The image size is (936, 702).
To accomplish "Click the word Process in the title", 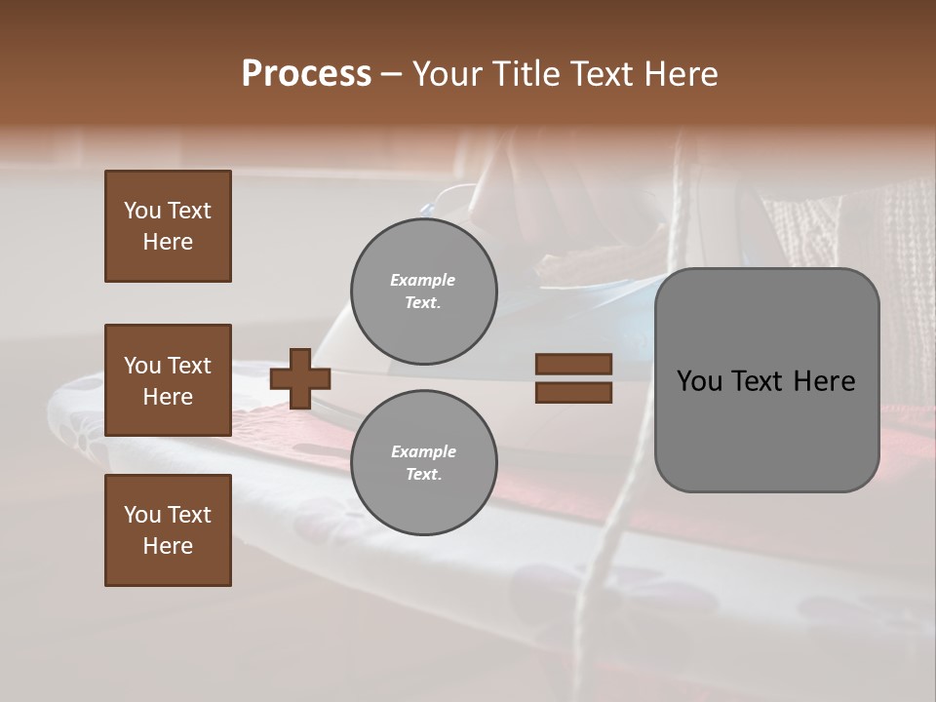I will (306, 74).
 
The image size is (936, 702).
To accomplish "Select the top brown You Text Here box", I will (168, 226).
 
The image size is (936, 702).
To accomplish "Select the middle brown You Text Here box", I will (168, 380).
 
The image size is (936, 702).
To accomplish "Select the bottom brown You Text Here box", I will (168, 530).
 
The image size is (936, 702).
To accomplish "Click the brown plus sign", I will (300, 378).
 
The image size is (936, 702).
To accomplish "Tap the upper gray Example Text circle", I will (423, 291).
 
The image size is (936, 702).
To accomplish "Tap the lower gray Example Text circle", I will (423, 462).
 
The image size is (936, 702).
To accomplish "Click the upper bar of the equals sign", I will (574, 365).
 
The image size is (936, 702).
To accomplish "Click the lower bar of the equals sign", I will (574, 393).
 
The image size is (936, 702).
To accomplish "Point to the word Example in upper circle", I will (423, 280).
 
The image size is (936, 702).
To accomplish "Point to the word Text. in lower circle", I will (423, 474).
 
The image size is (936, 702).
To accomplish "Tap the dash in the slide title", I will (391, 75).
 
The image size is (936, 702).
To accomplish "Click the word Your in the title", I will (447, 74).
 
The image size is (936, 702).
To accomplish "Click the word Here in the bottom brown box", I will (168, 546).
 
